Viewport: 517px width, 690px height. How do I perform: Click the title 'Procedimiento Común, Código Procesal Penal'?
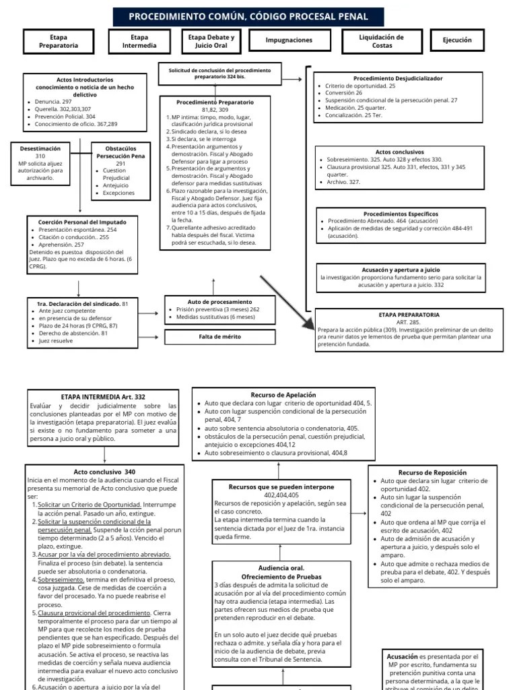click(248, 16)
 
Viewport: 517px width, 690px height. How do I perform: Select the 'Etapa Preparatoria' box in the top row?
click(59, 41)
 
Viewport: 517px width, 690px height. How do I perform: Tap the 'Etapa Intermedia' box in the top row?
click(139, 41)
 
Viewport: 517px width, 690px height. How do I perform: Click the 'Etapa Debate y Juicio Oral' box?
click(211, 41)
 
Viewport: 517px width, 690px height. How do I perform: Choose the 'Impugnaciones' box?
click(289, 40)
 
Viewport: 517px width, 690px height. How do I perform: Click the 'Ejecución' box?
click(457, 40)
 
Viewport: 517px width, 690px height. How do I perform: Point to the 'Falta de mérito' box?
click(219, 336)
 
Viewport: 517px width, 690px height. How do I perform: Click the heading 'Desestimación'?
click(40, 148)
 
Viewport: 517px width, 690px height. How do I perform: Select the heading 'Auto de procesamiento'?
click(219, 301)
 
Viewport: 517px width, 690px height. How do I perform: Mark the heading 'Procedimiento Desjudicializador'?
click(398, 78)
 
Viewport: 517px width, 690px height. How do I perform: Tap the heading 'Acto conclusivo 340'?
click(104, 472)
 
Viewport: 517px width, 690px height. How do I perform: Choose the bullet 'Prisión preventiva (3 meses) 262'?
click(217, 309)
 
